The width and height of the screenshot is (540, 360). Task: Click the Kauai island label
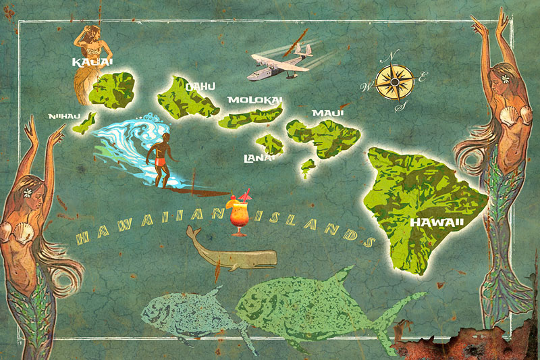[x=92, y=63]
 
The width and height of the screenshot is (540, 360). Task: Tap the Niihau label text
[x=64, y=116]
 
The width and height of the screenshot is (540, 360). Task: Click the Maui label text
[x=323, y=113]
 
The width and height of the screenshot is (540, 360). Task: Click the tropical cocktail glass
[x=239, y=214]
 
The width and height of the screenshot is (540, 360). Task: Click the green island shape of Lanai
[x=270, y=144]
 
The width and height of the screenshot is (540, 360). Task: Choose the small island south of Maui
[x=308, y=165]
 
